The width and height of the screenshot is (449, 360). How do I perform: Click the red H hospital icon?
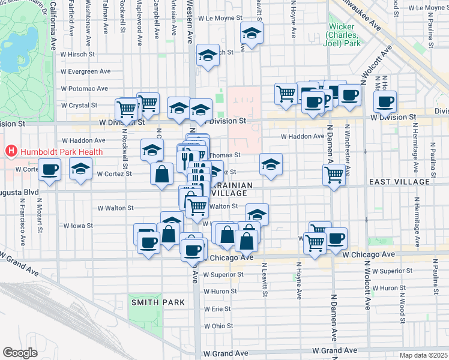[x=10, y=152]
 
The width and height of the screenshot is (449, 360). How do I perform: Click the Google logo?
[x=20, y=353]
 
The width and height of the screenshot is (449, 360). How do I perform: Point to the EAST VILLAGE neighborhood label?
[x=399, y=181]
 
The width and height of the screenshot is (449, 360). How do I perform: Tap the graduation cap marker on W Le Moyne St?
[x=252, y=34]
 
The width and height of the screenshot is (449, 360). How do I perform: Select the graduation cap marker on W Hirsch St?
[x=208, y=56]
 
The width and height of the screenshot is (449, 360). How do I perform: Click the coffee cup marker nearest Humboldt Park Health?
[x=49, y=169]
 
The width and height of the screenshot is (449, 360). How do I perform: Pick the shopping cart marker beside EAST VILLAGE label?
[x=334, y=175]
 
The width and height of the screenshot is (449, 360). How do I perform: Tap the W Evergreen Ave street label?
[x=85, y=71]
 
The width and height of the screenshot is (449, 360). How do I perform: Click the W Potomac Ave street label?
[x=84, y=88]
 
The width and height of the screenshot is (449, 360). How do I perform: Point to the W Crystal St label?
[x=79, y=105]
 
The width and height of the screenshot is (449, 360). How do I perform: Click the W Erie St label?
[x=217, y=308]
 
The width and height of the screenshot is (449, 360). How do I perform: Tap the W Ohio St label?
[x=218, y=326]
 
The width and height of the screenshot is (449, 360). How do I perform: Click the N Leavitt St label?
[x=264, y=281]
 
